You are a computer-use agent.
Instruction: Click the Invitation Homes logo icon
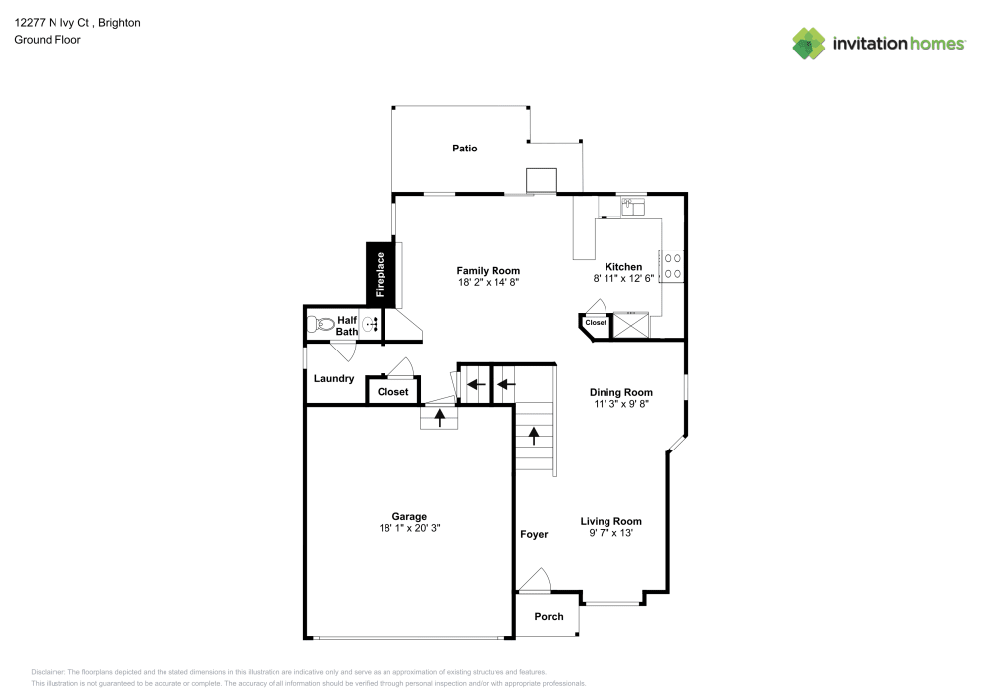click(x=809, y=44)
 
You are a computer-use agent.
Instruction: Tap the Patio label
click(x=465, y=149)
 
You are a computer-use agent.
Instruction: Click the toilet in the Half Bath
click(x=321, y=324)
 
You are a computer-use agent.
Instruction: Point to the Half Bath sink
click(x=370, y=324)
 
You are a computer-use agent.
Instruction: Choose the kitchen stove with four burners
click(x=672, y=264)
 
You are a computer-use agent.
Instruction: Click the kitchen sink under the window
click(x=632, y=207)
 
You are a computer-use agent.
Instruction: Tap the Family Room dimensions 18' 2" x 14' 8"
click(x=488, y=283)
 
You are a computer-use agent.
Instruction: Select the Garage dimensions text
click(x=409, y=529)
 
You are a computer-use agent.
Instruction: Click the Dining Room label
click(x=621, y=392)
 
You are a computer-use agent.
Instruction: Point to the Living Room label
click(x=610, y=521)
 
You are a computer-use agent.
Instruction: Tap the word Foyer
click(x=534, y=535)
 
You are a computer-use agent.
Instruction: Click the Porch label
click(x=549, y=616)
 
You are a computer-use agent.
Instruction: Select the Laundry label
click(x=334, y=379)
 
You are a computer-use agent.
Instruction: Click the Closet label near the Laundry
click(x=393, y=392)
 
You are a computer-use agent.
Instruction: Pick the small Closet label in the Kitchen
click(x=596, y=323)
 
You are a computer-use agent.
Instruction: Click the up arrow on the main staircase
click(x=534, y=435)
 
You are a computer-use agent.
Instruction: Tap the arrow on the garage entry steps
click(x=440, y=417)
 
